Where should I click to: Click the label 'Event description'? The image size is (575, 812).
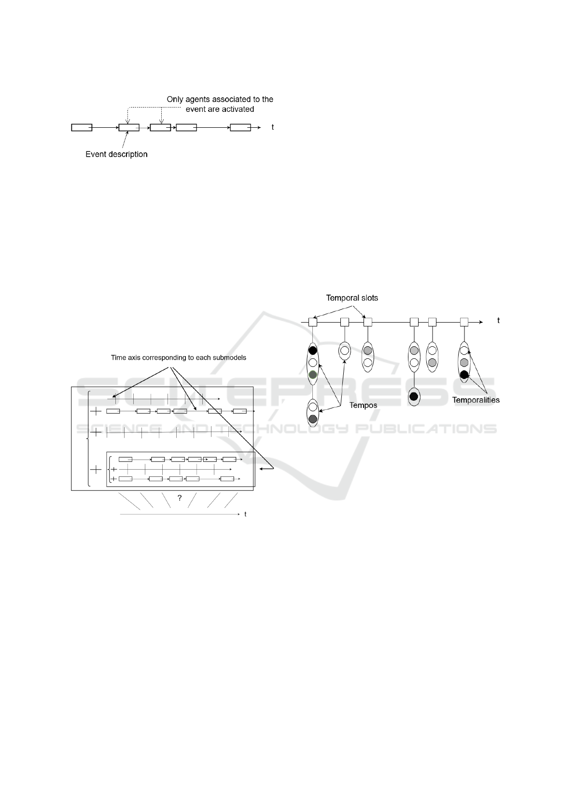click(x=116, y=154)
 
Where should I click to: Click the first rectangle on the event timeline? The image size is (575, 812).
click(x=82, y=127)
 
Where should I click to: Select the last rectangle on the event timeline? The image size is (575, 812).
click(x=240, y=127)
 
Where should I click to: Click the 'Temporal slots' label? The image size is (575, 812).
click(x=352, y=298)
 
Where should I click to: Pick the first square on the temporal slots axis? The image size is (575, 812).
click(x=313, y=322)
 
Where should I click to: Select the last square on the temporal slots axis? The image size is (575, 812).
click(x=464, y=322)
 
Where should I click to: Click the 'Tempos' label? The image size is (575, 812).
click(x=363, y=405)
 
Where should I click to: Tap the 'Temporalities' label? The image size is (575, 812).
click(x=476, y=400)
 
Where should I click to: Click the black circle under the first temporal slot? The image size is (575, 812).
click(x=313, y=351)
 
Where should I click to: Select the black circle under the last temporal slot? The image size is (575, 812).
click(x=464, y=375)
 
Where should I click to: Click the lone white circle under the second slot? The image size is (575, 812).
click(x=345, y=351)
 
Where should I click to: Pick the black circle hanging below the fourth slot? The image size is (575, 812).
click(x=414, y=397)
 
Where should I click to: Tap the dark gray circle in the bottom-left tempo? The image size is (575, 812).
click(x=313, y=419)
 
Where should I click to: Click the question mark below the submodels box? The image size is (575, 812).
click(x=180, y=498)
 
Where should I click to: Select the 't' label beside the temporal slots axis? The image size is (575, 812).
click(x=499, y=321)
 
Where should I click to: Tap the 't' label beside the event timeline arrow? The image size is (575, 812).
click(x=273, y=127)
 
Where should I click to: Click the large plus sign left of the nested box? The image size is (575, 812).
click(x=97, y=469)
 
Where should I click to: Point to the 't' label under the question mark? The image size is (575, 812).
click(x=245, y=514)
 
